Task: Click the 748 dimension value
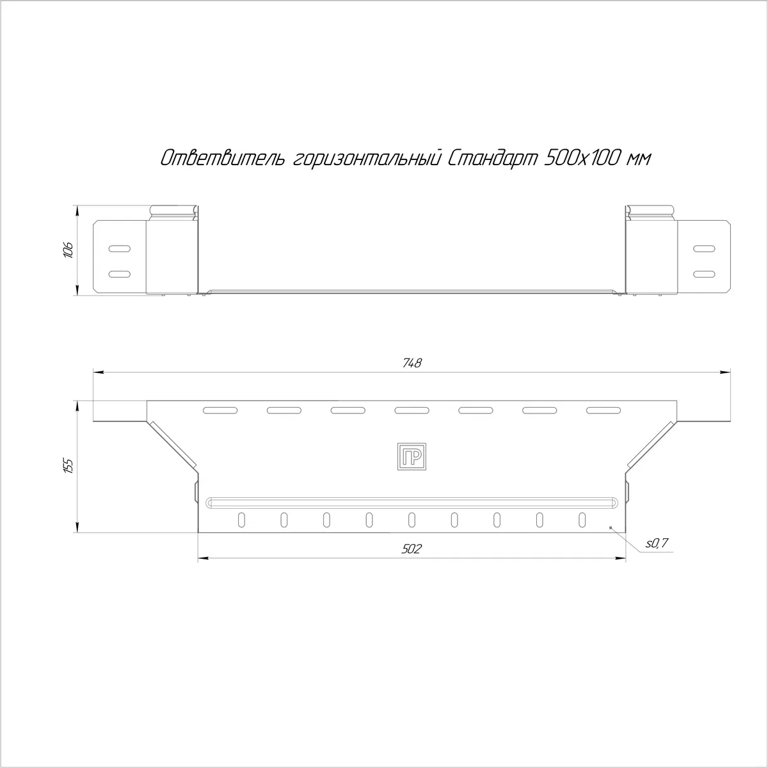(x=412, y=363)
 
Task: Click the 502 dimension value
(x=412, y=550)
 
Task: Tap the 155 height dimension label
(x=68, y=465)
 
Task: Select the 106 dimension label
(x=68, y=250)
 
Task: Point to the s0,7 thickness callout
(x=657, y=543)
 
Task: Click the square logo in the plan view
(x=412, y=456)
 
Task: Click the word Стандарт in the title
(x=492, y=159)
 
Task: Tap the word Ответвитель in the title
(x=223, y=159)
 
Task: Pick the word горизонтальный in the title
(x=367, y=159)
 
